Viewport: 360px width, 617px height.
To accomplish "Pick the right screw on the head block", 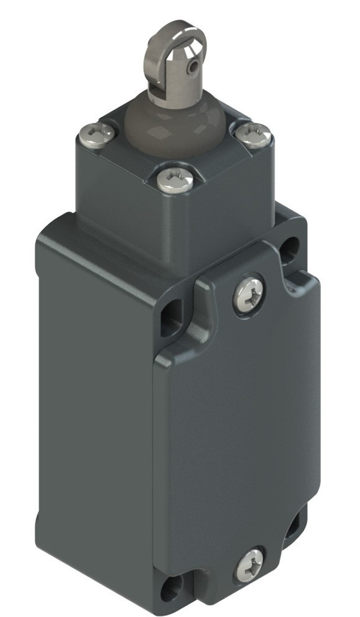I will click(255, 134).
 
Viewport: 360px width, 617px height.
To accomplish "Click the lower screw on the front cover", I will click(249, 565).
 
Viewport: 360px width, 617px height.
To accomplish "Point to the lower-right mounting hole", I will click(292, 526).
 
